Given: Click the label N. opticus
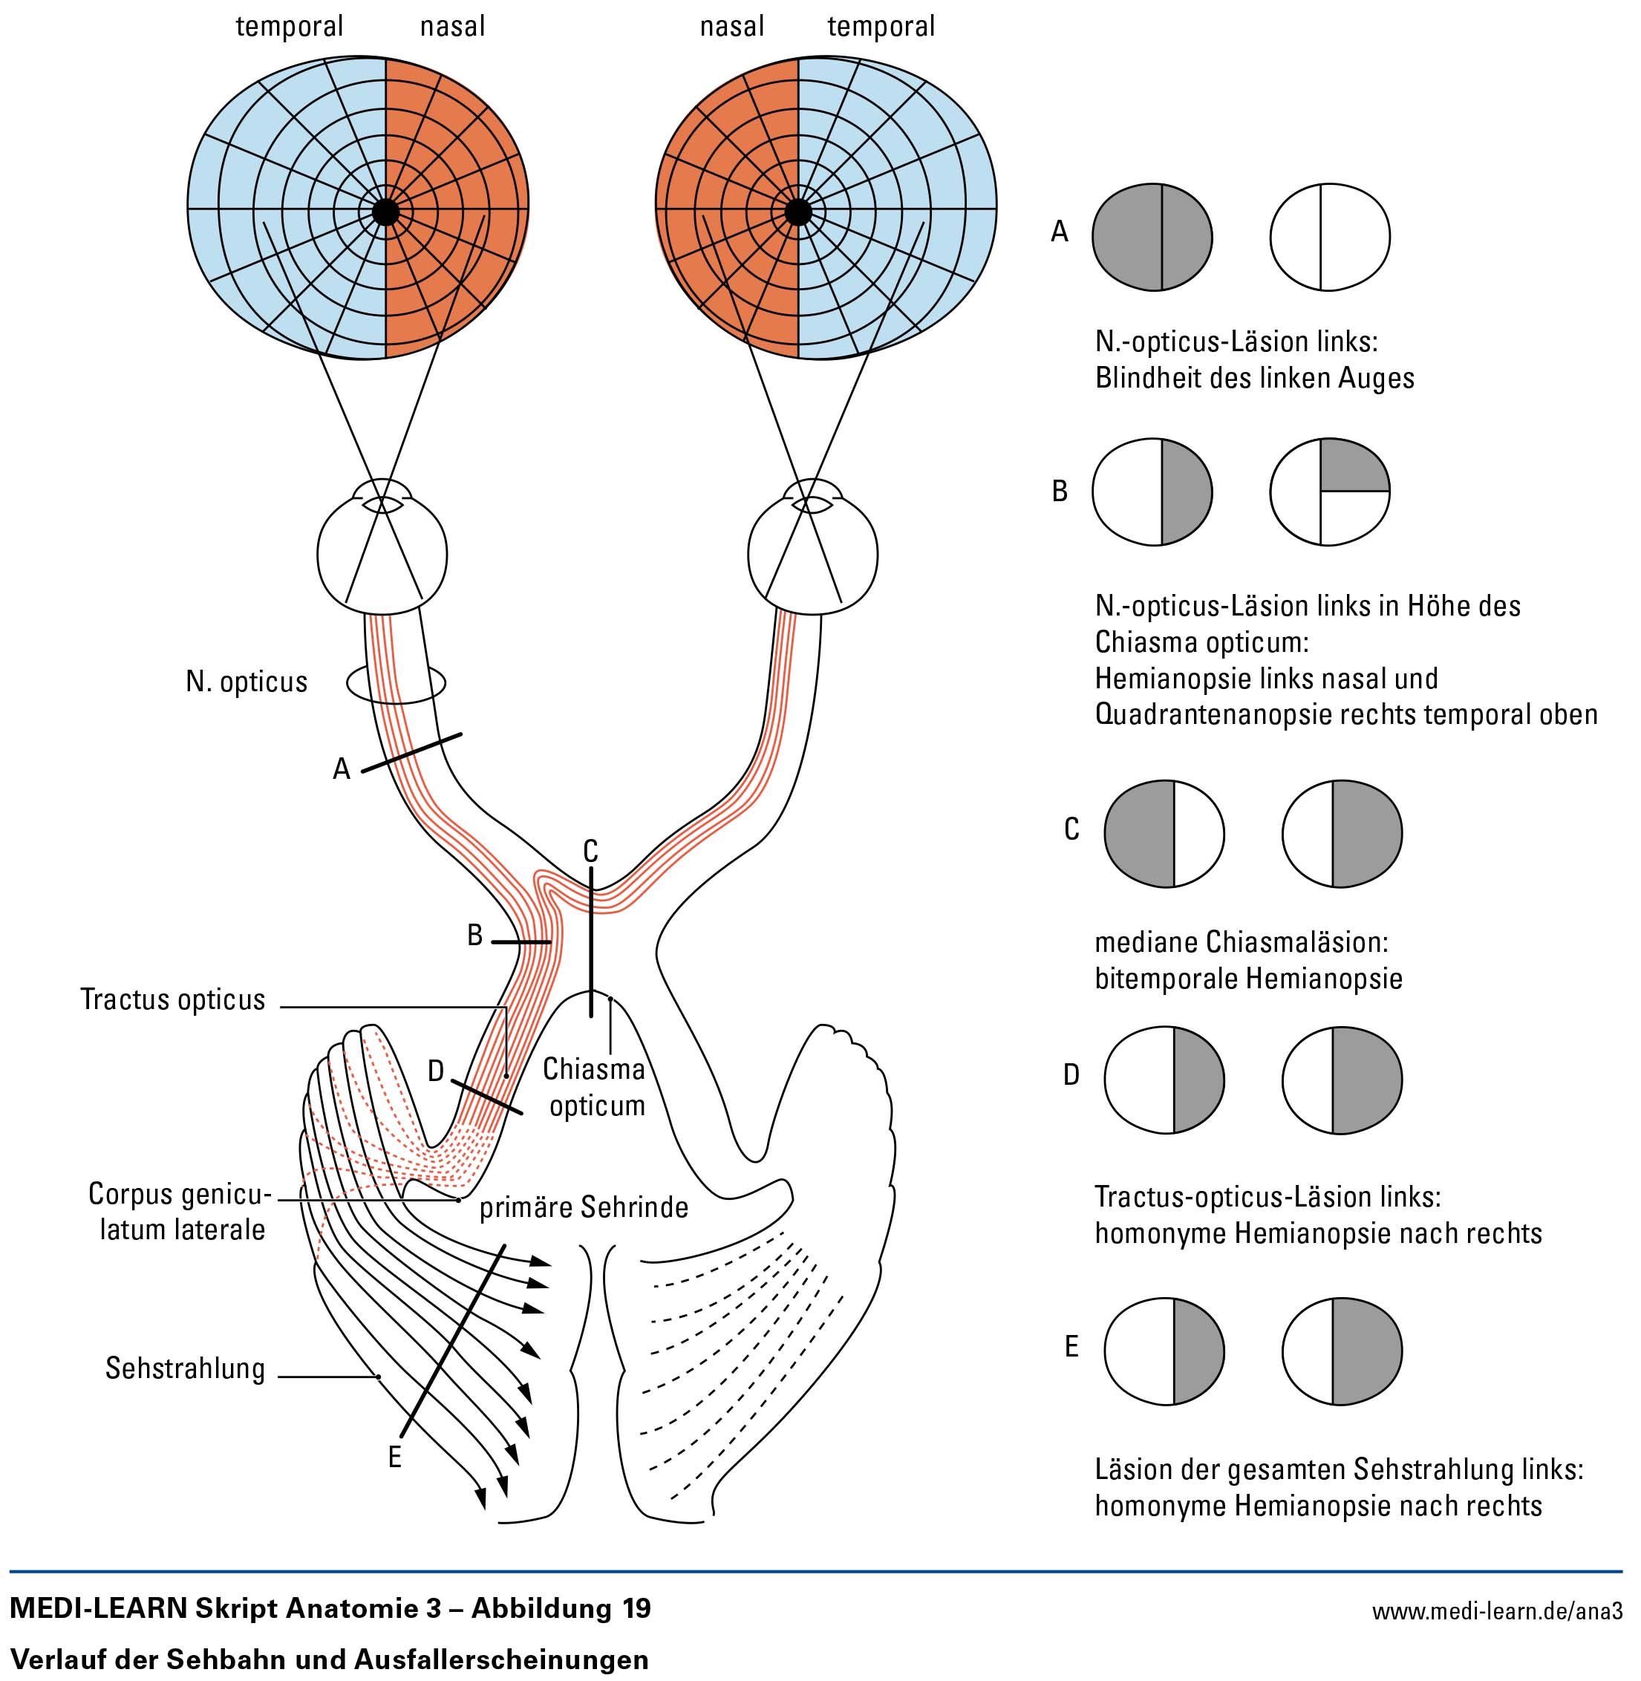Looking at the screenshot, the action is tap(247, 682).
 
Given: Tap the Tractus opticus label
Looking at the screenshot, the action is tap(173, 999).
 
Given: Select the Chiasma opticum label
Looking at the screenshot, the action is tap(595, 1087).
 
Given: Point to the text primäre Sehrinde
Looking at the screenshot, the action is tap(584, 1208).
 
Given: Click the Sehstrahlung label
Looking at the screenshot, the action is tap(186, 1368).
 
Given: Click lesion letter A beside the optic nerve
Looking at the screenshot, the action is tap(342, 768).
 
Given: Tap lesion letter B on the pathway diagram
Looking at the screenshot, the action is tap(475, 935).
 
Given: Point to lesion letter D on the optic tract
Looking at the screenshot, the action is tap(436, 1071).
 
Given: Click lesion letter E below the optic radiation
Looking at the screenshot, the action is tap(395, 1457).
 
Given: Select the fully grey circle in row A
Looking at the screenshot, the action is tap(1152, 237).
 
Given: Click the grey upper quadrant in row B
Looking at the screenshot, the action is tap(1353, 466).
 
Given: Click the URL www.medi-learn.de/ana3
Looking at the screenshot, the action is tap(1498, 1611).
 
